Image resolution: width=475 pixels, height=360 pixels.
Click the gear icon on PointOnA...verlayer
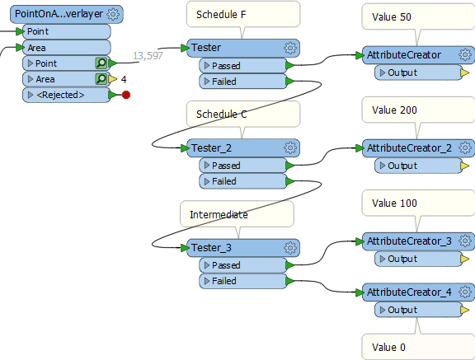(x=113, y=14)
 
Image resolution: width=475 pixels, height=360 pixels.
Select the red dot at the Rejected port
(x=126, y=95)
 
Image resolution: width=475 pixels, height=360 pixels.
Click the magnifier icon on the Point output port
(x=101, y=63)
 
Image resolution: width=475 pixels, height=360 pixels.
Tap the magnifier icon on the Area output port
(x=101, y=79)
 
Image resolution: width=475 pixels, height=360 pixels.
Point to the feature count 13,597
(x=148, y=56)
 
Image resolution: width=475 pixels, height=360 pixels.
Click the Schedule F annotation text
(x=221, y=15)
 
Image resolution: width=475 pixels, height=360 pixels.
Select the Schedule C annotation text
(x=222, y=114)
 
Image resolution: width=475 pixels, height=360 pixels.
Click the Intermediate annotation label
(x=219, y=214)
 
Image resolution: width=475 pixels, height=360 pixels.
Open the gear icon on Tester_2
(x=290, y=148)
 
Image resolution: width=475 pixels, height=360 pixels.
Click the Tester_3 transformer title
(x=211, y=248)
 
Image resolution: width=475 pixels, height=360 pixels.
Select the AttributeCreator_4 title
(x=409, y=292)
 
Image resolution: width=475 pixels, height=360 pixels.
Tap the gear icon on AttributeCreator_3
(x=465, y=241)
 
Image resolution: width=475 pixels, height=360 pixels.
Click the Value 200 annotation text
(x=394, y=110)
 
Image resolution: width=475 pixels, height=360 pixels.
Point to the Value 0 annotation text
(x=388, y=348)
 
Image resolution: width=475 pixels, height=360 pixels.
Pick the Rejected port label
(x=60, y=95)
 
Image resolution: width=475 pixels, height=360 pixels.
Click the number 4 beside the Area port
(x=124, y=80)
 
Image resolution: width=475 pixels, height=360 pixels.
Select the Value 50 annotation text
(x=392, y=17)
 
